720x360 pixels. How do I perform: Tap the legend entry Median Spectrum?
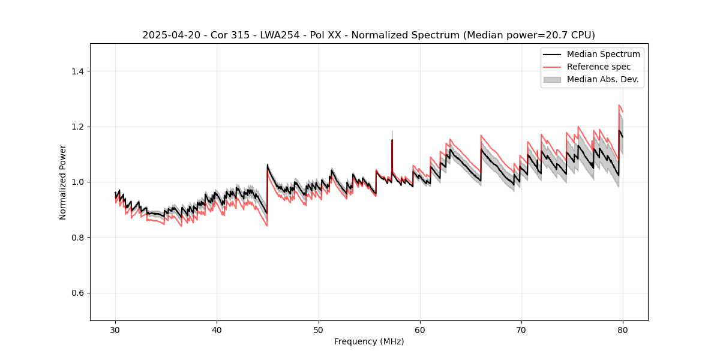(603, 54)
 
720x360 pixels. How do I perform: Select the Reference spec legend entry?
(599, 67)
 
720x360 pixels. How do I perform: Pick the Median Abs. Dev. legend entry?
(602, 79)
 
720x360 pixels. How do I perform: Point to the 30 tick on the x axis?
(116, 330)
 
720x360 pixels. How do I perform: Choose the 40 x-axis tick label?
(217, 330)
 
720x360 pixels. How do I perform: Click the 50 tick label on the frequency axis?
(319, 330)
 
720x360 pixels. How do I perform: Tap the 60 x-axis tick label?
(420, 330)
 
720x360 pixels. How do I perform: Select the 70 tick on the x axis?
(521, 330)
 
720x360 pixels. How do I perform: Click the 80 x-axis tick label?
(623, 330)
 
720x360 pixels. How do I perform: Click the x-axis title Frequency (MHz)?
(369, 341)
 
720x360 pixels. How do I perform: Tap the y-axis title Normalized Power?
(63, 182)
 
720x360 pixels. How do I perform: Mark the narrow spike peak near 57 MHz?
(392, 140)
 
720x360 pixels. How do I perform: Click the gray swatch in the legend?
(552, 79)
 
